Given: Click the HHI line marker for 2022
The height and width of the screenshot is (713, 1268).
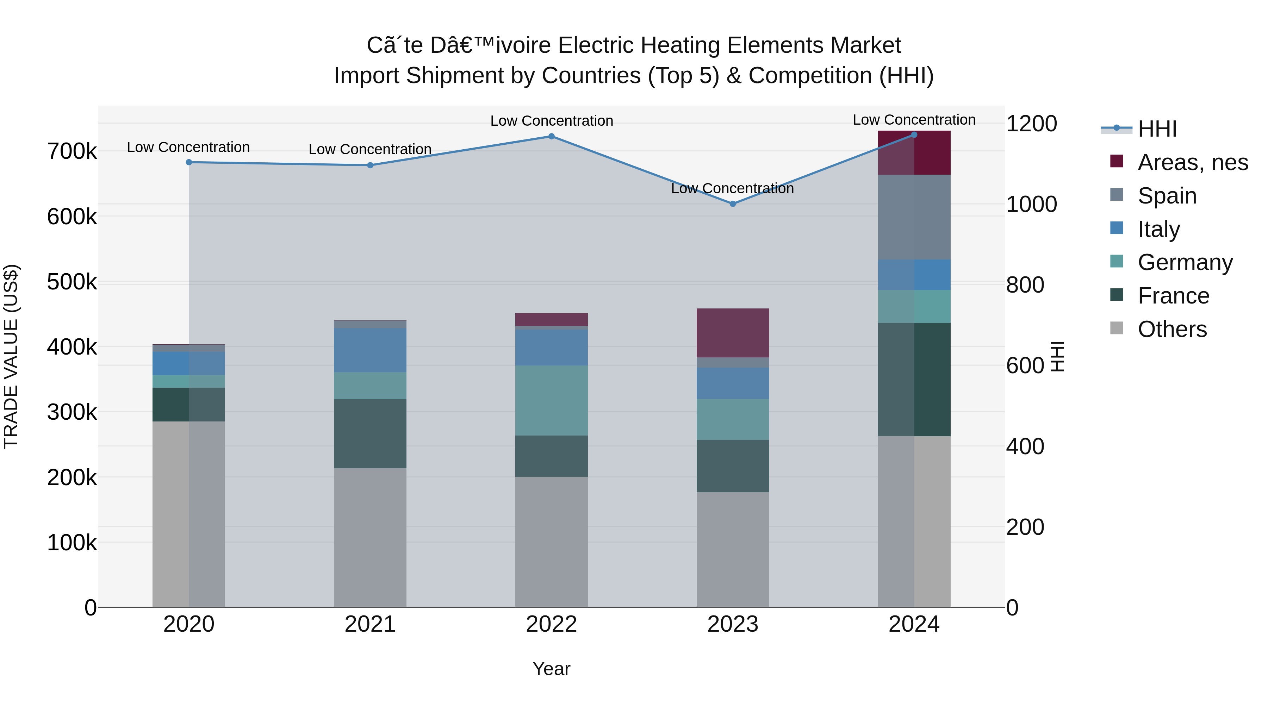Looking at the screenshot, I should pos(551,136).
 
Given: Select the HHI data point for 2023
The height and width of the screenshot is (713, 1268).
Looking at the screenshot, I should pos(733,204).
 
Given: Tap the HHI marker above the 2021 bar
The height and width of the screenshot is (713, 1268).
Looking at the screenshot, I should pos(370,165).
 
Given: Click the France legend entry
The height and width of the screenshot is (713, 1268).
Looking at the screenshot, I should pos(1173,296).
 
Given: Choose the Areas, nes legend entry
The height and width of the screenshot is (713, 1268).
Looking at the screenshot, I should pos(1192,162).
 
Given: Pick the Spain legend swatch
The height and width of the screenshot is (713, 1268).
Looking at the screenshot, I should pos(1117,195).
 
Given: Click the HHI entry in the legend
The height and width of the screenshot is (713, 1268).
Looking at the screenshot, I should pos(1157,129).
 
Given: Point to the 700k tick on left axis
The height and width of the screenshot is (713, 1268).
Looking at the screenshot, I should pos(72,151).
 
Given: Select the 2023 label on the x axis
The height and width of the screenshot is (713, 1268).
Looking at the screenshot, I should pos(733,624).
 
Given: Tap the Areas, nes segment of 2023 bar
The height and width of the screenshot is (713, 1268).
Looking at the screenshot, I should pos(733,333).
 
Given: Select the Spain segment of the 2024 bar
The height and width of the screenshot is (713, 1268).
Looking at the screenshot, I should pos(914,217).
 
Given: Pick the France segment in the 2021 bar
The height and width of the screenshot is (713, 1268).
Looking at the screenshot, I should pos(370,433).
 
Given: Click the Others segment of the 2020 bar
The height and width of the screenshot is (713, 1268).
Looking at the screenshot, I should pos(188,514).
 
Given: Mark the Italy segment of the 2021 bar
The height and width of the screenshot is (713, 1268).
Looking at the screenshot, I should pos(370,350).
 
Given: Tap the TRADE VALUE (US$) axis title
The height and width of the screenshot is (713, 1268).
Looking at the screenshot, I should pos(11,356).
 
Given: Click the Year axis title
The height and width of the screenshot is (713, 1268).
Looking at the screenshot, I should pos(551,669).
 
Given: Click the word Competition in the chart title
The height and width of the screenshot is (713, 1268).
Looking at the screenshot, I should pos(810,76).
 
